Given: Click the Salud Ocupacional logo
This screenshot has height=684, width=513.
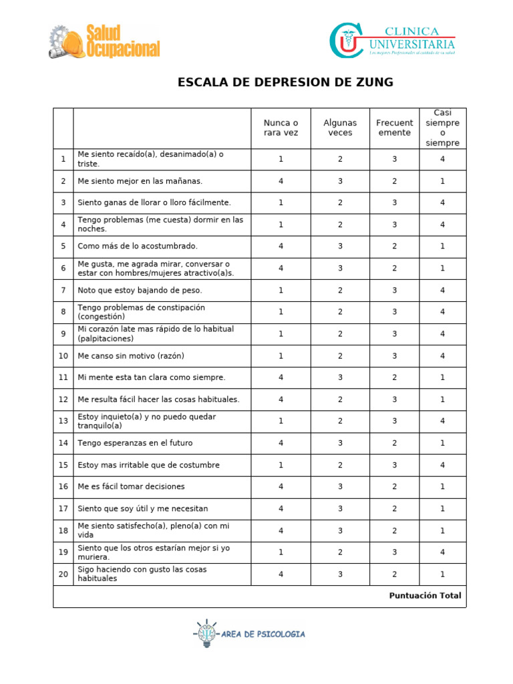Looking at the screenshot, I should coord(104,41).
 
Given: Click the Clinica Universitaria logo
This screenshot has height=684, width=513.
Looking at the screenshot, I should coord(392,40).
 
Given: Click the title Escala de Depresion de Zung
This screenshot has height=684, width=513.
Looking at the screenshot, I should coord(285,82).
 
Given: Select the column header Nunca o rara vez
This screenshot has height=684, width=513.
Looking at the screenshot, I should coord(281,128).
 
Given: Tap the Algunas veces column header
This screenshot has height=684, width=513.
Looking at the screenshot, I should coord(340,128).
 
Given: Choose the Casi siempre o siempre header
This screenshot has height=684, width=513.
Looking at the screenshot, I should coord(442,128).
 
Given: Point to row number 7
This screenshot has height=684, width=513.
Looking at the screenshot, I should coord(63,291).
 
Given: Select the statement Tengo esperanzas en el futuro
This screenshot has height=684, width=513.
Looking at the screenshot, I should coord(135,443).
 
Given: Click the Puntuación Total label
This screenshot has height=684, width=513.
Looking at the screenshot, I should coord(425,596).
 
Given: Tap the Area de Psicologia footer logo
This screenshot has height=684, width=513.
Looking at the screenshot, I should coord(250,634).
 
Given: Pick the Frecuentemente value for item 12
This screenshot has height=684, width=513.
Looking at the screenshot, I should coord(394,399).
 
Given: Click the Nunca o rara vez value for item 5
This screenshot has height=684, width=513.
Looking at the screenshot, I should coord(281,246).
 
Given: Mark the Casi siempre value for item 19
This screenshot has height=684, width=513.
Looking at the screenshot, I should coord(442,552).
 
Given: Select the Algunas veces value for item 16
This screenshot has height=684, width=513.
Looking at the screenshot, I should coord(340,487).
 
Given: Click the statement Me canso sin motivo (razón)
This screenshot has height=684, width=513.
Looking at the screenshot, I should coord(130,356).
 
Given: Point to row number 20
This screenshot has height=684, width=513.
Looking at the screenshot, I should coord(63,574).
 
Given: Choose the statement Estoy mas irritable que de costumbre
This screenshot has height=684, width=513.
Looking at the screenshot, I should coord(148,465).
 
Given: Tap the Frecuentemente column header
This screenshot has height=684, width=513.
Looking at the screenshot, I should coord(394,128).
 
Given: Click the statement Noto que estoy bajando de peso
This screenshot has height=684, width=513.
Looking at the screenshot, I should coord(140,291).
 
